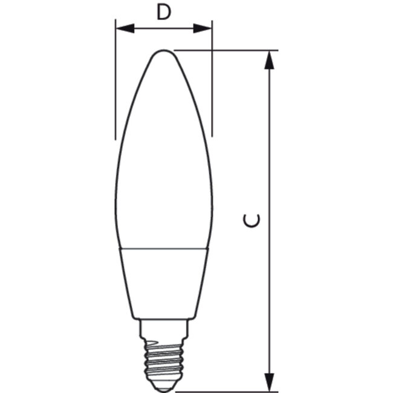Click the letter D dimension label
(x=163, y=11)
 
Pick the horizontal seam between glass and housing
(x=163, y=247)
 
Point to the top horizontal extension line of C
(x=230, y=50)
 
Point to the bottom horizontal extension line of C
(x=230, y=391)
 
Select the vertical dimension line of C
(x=270, y=151)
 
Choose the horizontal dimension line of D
(x=163, y=28)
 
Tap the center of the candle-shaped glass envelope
(x=163, y=157)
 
